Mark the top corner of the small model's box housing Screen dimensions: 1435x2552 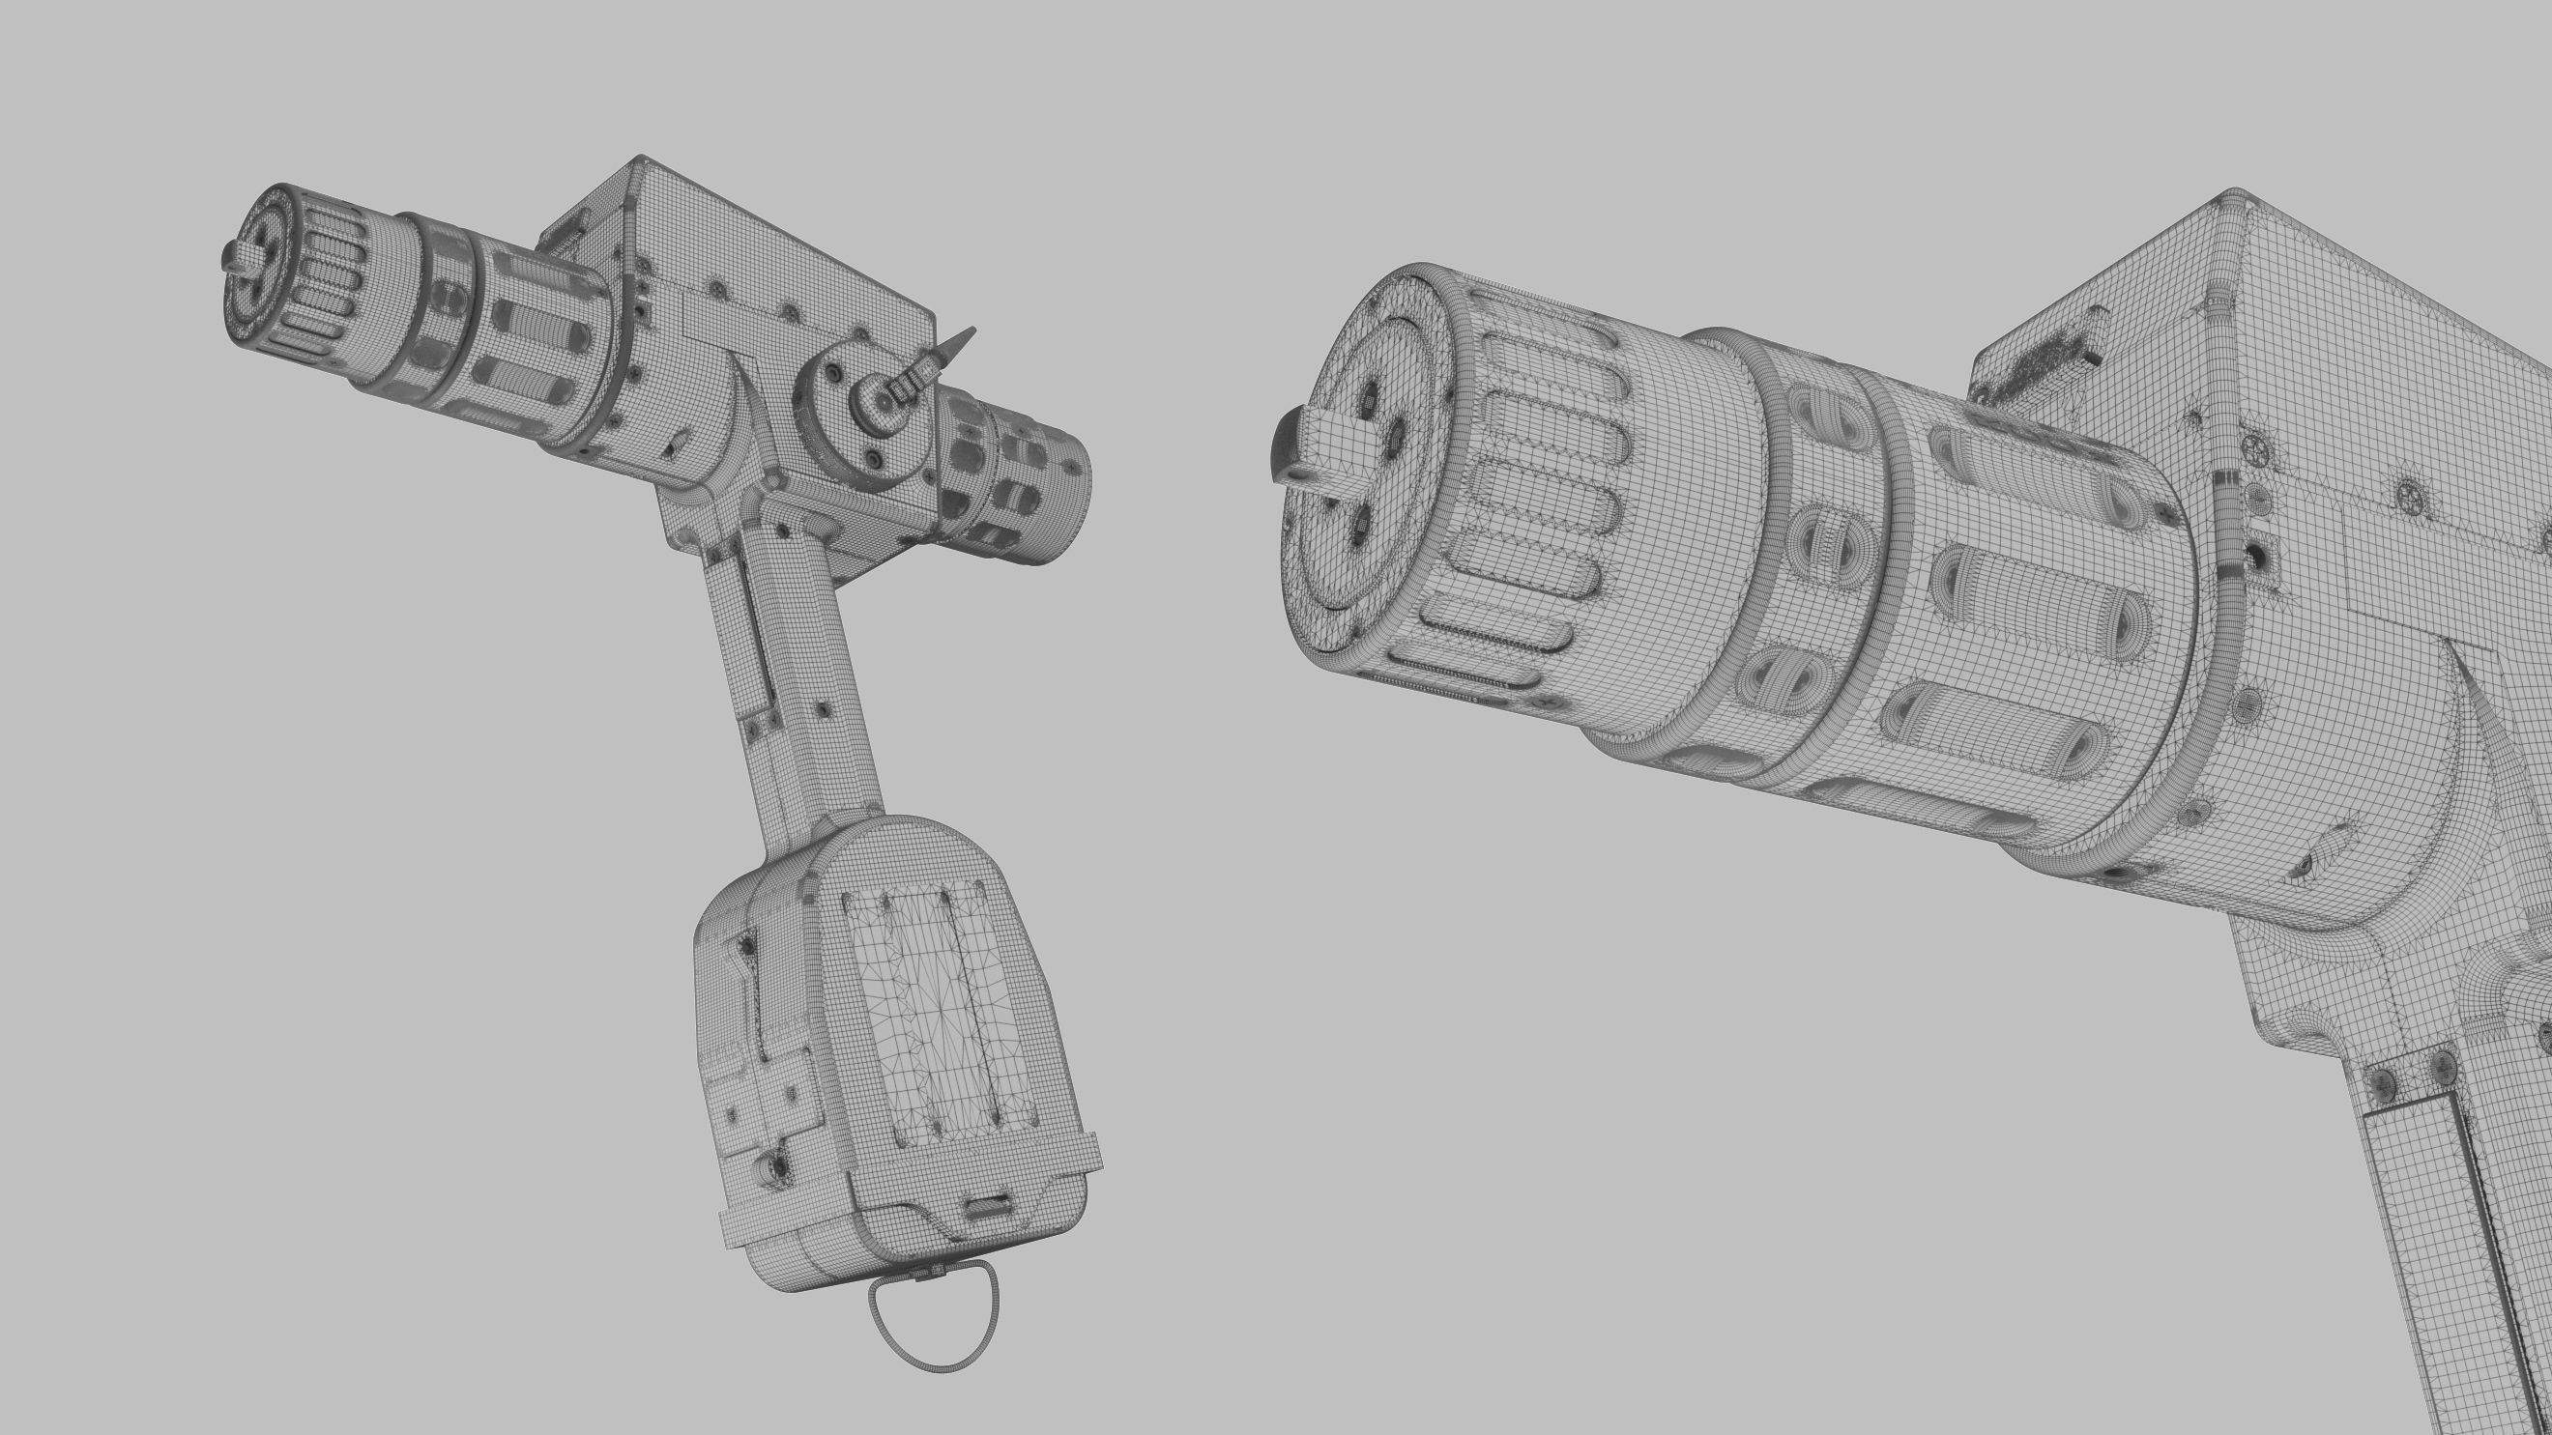pos(642,158)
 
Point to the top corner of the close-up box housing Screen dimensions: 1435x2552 pos(2233,192)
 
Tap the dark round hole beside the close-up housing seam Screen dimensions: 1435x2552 pos(2260,555)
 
